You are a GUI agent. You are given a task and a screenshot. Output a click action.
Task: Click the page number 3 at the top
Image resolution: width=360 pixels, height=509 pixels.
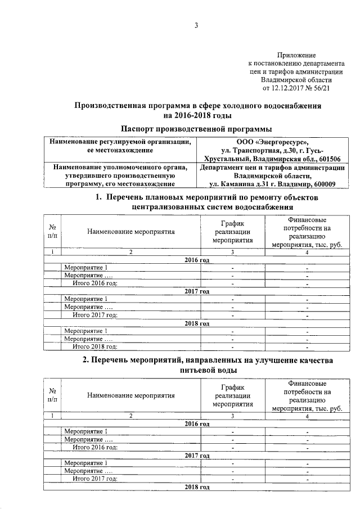pyautogui.click(x=196, y=25)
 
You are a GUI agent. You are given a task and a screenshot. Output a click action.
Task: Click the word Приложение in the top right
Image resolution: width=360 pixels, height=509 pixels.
pyautogui.click(x=296, y=55)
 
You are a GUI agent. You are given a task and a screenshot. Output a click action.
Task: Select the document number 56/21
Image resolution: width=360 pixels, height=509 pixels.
pyautogui.click(x=318, y=88)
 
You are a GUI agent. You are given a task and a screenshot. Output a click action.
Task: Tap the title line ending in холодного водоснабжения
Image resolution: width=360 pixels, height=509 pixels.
pyautogui.click(x=197, y=105)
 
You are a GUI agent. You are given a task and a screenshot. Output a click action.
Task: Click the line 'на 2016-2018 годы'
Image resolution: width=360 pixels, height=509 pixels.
pyautogui.click(x=197, y=115)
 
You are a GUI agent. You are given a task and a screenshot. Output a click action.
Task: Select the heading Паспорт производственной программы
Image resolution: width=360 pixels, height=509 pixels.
pyautogui.click(x=197, y=129)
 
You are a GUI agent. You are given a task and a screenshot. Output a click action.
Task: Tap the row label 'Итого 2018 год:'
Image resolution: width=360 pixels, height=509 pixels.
pyautogui.click(x=95, y=346)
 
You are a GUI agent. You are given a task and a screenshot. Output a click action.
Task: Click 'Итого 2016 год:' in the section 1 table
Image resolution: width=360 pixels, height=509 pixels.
pyautogui.click(x=95, y=283)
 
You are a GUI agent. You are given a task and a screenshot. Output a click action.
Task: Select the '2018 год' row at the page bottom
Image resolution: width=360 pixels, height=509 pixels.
pyautogui.click(x=197, y=486)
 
